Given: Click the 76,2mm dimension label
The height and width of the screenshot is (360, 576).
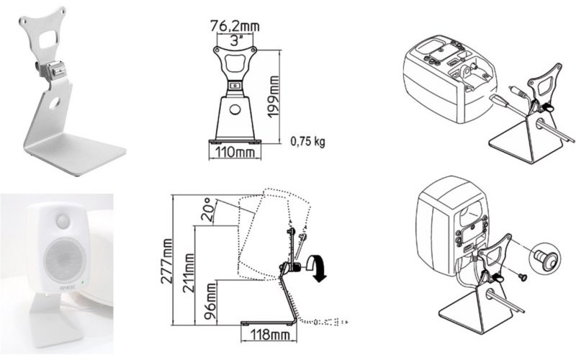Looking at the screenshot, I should coord(235,27).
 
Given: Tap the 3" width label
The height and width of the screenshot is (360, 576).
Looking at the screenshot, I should coord(235,41).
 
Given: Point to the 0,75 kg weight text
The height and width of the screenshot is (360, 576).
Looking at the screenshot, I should coord(308,141).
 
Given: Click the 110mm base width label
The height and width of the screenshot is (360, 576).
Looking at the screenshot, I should coord(235,154).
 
